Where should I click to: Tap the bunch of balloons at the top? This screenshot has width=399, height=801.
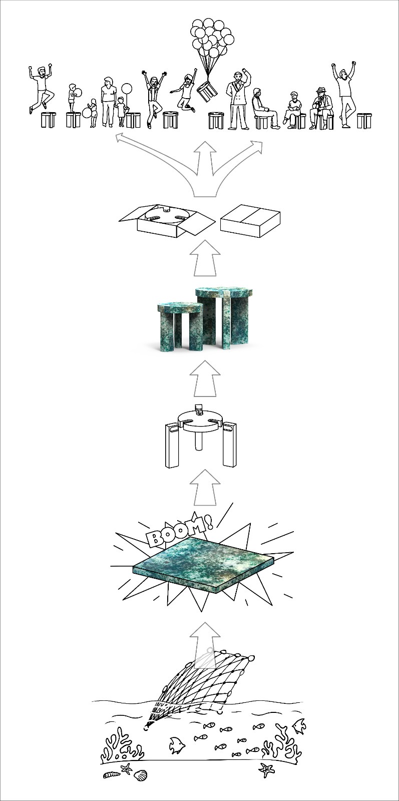point(212,38)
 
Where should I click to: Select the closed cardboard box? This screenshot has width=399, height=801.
point(250,221)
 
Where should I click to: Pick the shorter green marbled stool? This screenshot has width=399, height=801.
point(180,326)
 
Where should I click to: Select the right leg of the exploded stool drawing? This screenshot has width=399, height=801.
point(229,445)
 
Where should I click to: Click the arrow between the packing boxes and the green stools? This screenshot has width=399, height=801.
point(205,258)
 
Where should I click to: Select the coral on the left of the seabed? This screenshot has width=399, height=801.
point(122,746)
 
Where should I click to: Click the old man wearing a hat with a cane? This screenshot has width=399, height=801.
point(321,108)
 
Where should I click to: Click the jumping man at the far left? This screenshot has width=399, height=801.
point(41,88)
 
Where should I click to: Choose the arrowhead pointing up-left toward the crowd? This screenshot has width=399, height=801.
point(121,138)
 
